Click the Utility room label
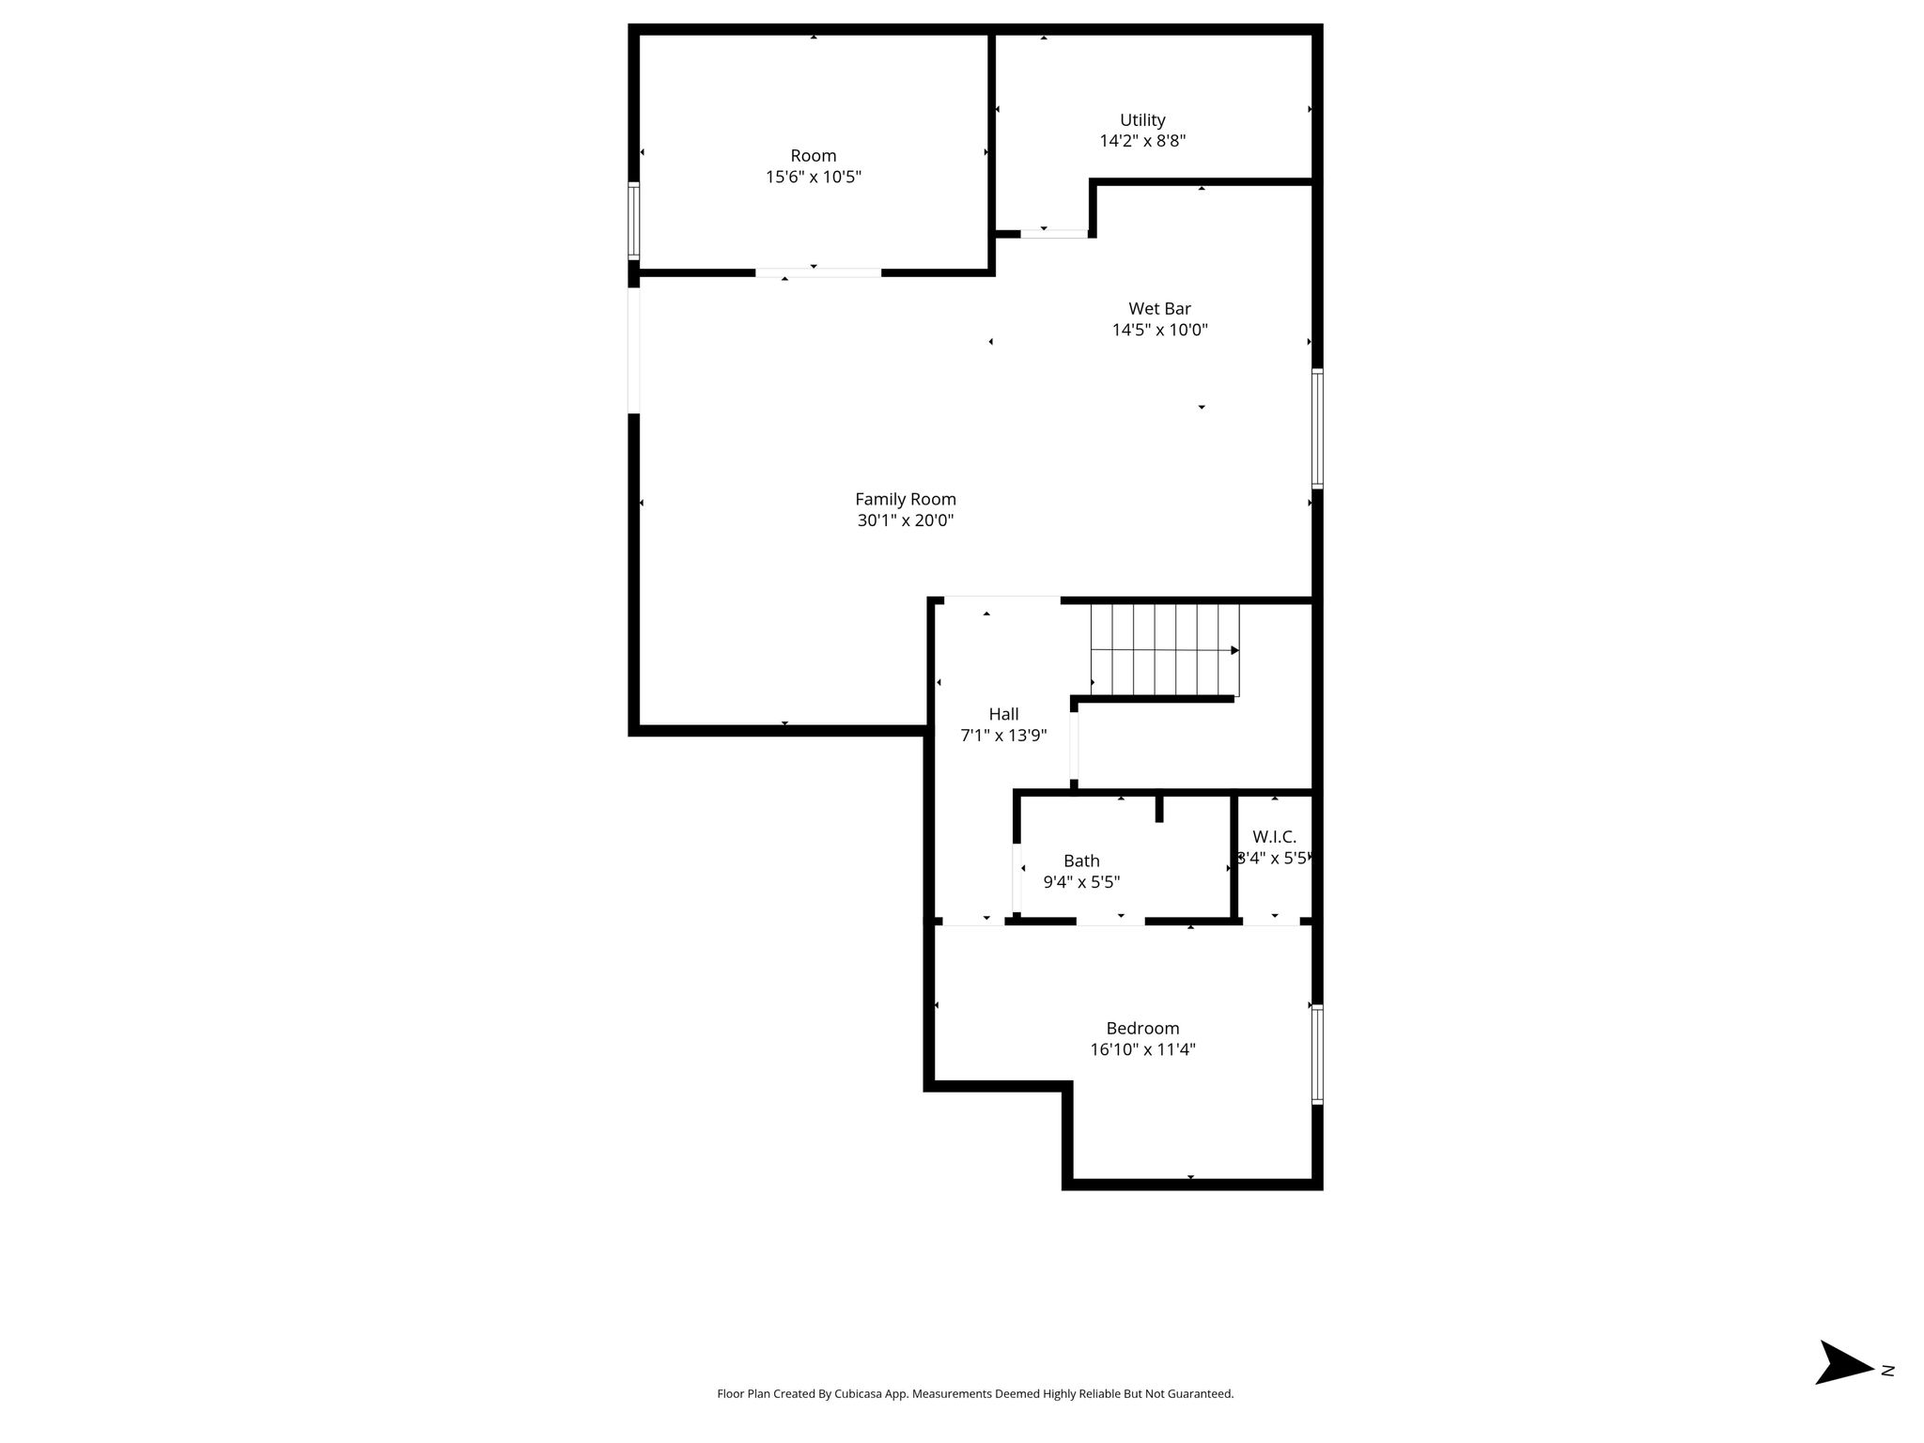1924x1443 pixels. click(1142, 120)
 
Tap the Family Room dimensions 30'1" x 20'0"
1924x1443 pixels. click(906, 520)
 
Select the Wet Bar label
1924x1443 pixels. click(1159, 308)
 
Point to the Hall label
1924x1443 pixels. click(1003, 714)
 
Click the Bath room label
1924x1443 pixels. click(1081, 861)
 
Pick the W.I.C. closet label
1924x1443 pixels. click(1274, 837)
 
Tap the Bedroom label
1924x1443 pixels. click(1142, 1029)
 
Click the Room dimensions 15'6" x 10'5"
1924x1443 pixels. click(814, 177)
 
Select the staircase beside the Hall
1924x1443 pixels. click(1165, 650)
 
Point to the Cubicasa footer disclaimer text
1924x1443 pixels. click(975, 1394)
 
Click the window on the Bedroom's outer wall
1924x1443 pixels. click(1317, 1054)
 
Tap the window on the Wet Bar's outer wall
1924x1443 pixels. click(1317, 428)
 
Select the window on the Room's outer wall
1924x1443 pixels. click(634, 221)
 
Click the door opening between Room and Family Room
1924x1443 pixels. click(818, 273)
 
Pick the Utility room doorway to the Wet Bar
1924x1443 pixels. click(1054, 234)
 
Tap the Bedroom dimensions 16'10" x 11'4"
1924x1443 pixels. click(1142, 1049)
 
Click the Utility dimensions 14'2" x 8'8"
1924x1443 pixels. click(1142, 141)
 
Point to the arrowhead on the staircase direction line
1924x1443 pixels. click(1235, 650)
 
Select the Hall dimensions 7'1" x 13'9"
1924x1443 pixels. click(1003, 736)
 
